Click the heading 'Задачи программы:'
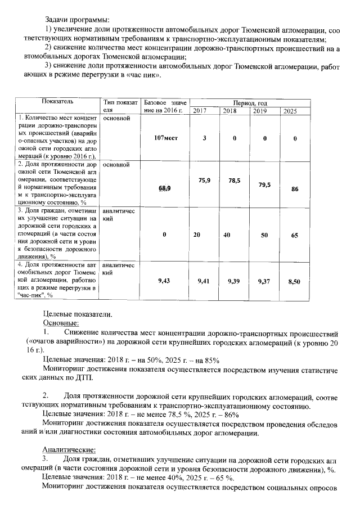[77, 20]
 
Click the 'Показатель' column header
[57, 101]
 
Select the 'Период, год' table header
[244, 103]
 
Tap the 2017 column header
[200, 111]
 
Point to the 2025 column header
[290, 111]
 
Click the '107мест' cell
[165, 138]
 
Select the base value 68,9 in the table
[164, 188]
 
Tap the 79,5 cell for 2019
[264, 184]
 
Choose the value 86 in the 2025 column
[294, 190]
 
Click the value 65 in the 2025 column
[294, 236]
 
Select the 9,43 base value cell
[164, 280]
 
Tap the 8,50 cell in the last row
[294, 281]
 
